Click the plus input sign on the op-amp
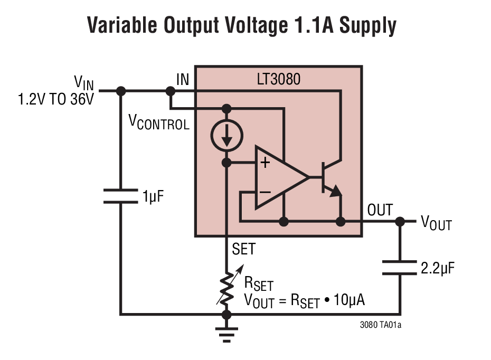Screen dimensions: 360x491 (265, 162)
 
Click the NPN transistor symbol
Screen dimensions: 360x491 (330, 179)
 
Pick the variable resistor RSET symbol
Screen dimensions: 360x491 (227, 289)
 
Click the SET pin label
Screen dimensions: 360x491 (243, 249)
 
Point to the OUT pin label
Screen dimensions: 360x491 (380, 210)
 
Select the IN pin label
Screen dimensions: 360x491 (183, 80)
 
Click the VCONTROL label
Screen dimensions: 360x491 (159, 122)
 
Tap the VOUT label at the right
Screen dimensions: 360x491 (436, 223)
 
